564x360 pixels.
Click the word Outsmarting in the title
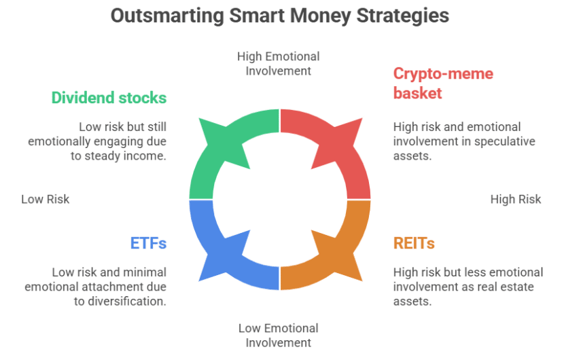[168, 16]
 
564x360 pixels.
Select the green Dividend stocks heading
[109, 98]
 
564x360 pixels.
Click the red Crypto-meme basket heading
[443, 84]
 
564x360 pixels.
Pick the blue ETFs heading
[148, 243]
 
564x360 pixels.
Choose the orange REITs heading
[414, 243]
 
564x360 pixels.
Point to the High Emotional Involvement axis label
[279, 64]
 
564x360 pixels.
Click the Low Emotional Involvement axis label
[279, 336]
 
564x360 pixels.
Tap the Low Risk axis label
[46, 199]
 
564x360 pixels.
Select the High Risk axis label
[516, 199]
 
